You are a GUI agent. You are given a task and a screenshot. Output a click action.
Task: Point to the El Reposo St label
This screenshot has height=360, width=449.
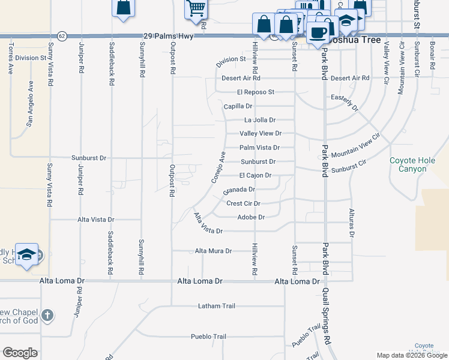click(x=255, y=92)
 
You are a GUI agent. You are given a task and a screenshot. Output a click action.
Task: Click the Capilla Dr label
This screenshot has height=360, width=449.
click(x=238, y=106)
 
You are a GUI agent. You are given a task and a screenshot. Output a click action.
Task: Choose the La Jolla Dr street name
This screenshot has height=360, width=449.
click(x=259, y=120)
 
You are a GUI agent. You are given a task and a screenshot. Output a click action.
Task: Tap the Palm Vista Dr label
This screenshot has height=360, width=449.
click(x=259, y=148)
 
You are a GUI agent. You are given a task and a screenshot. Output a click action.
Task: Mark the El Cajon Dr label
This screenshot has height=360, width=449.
click(x=255, y=176)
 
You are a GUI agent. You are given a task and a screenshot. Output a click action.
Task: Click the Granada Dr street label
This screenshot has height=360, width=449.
click(x=239, y=190)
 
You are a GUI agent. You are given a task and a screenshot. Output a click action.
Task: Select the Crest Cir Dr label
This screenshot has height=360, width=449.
click(x=243, y=203)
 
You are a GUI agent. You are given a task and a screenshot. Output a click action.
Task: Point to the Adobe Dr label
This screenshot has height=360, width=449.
click(x=251, y=217)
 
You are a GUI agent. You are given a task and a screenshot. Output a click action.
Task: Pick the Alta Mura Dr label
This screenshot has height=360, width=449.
click(x=213, y=251)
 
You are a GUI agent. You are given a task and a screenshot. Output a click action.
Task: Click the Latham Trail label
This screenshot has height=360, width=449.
click(x=217, y=306)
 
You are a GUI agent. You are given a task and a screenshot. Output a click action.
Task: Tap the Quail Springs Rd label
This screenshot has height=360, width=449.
click(x=328, y=322)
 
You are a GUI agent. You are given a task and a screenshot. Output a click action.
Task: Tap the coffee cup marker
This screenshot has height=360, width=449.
click(x=318, y=31)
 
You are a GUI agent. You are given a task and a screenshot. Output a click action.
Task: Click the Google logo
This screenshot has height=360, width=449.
click(x=20, y=353)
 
